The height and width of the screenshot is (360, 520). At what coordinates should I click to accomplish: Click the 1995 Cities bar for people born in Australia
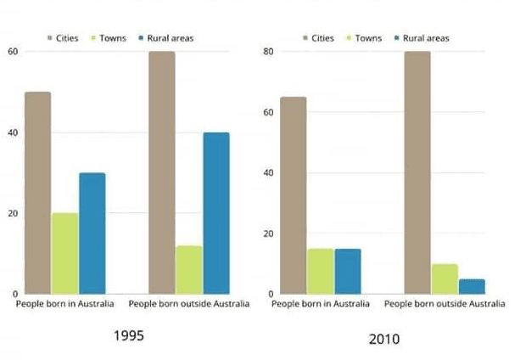point(37,193)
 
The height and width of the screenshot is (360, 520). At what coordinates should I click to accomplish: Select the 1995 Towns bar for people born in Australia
point(64,253)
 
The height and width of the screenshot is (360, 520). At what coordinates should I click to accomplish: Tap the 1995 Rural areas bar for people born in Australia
point(92,233)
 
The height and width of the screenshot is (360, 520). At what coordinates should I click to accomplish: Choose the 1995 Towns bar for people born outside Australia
point(188,269)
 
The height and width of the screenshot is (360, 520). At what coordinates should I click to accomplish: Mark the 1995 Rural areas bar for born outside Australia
point(215,213)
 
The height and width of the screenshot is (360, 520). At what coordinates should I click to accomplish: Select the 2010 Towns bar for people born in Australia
point(321,271)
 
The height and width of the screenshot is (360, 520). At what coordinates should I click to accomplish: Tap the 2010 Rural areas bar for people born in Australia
point(348,271)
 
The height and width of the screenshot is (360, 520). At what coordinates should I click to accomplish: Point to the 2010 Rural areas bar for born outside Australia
point(472,286)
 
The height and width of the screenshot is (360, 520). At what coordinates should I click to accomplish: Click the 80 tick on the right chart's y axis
point(269,52)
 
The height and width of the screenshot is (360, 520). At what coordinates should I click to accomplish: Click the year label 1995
point(129,335)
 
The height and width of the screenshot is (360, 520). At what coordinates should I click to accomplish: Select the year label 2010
point(384,338)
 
